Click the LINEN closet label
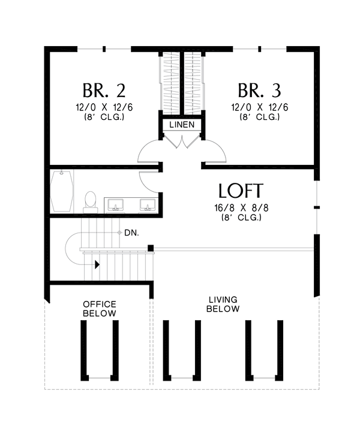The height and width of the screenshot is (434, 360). pos(182,125)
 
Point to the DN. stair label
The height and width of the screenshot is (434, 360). pos(132,232)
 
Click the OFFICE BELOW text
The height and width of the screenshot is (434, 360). pos(100,309)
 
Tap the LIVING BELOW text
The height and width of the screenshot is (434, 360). pos(223,304)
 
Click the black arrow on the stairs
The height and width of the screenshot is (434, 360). pos(96,263)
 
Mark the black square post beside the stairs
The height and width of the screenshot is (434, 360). pos(151,248)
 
